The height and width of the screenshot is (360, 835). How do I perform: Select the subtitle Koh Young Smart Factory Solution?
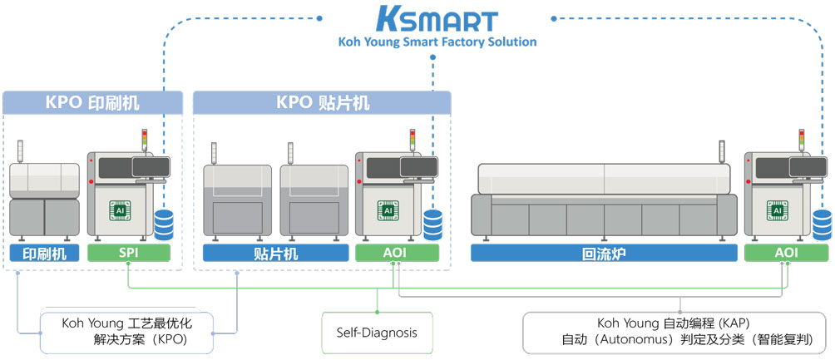click(437, 42)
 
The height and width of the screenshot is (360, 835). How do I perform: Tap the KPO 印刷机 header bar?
click(92, 103)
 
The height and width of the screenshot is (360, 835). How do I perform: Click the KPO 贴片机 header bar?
click(323, 103)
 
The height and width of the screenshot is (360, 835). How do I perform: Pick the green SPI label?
click(129, 254)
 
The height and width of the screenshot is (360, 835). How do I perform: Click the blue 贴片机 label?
click(274, 254)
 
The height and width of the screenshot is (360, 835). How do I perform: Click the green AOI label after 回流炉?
click(786, 254)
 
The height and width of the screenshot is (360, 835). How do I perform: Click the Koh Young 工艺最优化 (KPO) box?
click(127, 332)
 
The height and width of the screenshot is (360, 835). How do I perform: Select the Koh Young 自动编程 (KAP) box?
click(678, 332)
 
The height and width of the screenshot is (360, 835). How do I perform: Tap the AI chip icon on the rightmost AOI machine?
click(778, 211)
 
